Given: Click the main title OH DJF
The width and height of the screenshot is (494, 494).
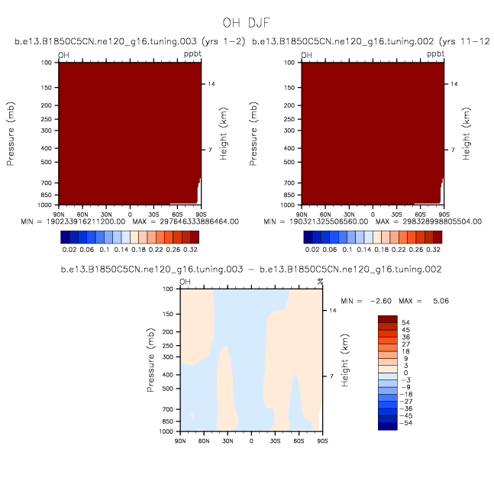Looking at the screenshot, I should pyautogui.click(x=247, y=23).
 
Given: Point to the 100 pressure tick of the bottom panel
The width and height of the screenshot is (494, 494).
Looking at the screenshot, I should pyautogui.click(x=167, y=289).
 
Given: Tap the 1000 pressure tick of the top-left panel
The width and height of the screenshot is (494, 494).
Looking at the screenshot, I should pyautogui.click(x=44, y=205).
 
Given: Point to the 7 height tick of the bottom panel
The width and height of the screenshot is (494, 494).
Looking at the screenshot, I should pyautogui.click(x=331, y=376).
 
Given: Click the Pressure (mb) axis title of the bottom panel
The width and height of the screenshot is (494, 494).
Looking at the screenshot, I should pyautogui.click(x=150, y=361).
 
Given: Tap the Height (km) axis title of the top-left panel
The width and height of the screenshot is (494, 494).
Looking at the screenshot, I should pyautogui.click(x=223, y=134).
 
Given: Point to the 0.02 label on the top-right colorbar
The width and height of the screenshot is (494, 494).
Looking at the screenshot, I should pyautogui.click(x=312, y=249).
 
